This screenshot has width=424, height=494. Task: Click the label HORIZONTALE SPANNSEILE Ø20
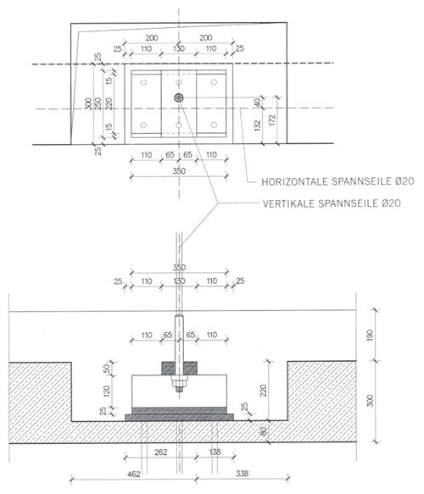coord(338,181)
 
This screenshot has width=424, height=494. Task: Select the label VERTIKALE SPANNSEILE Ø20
coord(332,203)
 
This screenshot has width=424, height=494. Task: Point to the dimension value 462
coord(134,474)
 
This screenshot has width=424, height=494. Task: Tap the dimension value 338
coord(243,473)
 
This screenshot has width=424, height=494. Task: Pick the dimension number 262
coord(161,452)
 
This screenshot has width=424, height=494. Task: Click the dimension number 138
coord(215,452)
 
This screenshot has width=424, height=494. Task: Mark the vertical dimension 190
coord(370,335)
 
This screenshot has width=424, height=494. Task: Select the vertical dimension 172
coord(273,120)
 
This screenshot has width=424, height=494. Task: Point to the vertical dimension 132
coord(258,125)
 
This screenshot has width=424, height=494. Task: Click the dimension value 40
coord(258,103)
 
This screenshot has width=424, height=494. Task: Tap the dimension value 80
coord(263,431)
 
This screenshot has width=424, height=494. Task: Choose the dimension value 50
coord(107,368)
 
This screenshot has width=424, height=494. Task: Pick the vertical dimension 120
coord(107,391)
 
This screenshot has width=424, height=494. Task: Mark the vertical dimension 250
coord(98,103)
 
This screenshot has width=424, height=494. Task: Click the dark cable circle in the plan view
coord(179,97)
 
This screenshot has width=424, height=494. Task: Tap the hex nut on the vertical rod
coord(179,384)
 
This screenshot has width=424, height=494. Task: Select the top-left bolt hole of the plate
coord(144,82)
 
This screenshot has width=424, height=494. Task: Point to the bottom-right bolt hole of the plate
coord(214,125)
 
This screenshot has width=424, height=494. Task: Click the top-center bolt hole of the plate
coord(179,82)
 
